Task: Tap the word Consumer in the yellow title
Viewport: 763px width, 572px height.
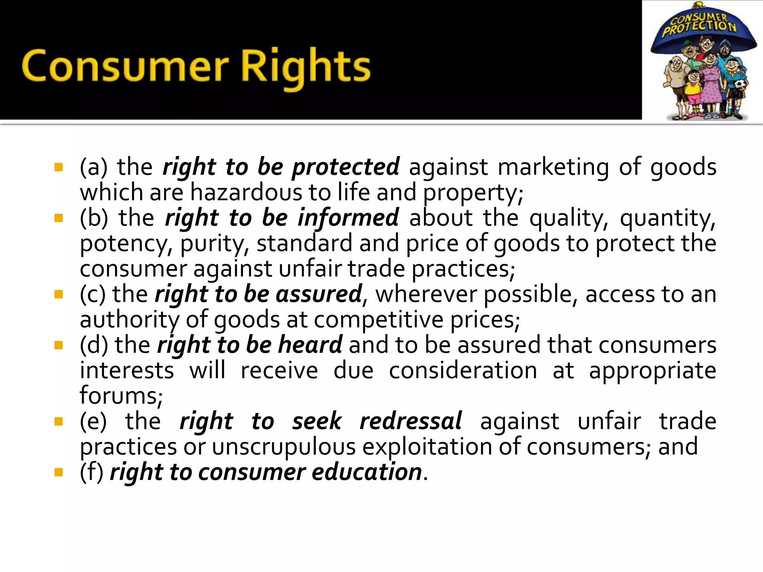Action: (125, 67)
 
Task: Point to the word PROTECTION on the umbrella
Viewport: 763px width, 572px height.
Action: (699, 28)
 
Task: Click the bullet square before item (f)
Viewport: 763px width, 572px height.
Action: (58, 472)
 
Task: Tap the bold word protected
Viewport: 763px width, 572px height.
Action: (346, 166)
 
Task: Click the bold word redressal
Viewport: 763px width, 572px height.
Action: (411, 421)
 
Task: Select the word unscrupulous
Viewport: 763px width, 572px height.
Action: (284, 447)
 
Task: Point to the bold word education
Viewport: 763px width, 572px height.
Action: (367, 472)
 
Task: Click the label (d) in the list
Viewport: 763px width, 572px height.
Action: (94, 345)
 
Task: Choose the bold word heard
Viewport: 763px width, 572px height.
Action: (310, 345)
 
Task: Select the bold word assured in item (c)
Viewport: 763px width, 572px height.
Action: (319, 294)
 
